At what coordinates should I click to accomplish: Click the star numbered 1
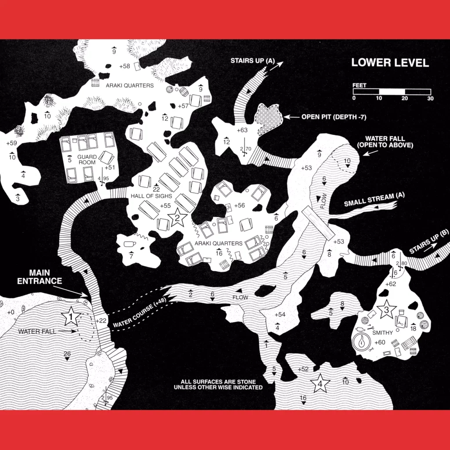[70, 316]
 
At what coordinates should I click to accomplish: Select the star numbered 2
[177, 218]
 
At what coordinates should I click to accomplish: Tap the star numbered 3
[386, 309]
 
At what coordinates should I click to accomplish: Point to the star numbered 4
[320, 383]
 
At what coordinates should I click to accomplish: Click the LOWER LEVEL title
[390, 62]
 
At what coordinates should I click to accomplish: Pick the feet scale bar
[392, 91]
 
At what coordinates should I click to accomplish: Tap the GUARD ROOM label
[87, 160]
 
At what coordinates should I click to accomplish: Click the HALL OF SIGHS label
[151, 196]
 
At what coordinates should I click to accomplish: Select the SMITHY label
[382, 333]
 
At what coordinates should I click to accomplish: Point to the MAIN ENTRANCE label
[40, 277]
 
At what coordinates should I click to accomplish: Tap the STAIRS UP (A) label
[253, 61]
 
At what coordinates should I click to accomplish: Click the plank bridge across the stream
[318, 223]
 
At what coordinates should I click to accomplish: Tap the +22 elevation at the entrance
[101, 321]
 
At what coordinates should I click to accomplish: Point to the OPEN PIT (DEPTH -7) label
[334, 117]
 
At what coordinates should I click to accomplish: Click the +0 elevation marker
[11, 312]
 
